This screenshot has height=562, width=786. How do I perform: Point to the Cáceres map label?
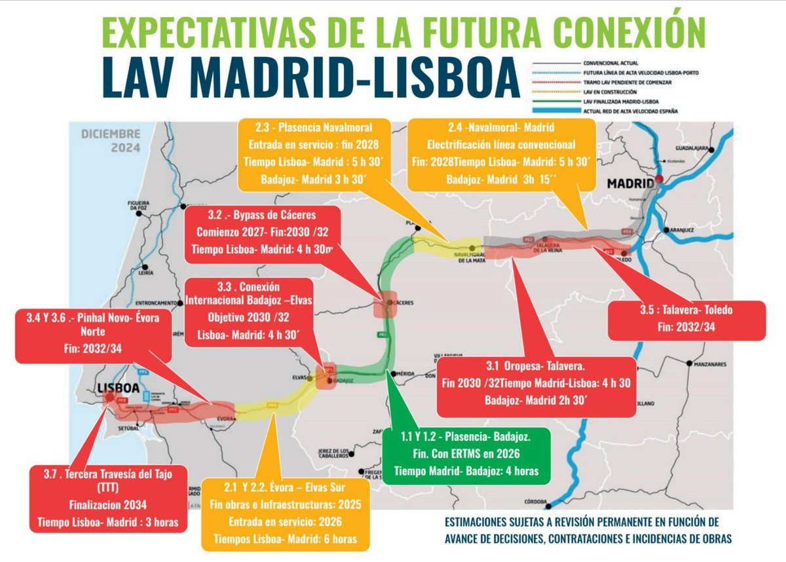click(407, 303)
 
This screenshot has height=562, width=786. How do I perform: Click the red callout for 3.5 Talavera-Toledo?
click(687, 320)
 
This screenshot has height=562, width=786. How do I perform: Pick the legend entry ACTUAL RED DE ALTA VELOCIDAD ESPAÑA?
click(631, 112)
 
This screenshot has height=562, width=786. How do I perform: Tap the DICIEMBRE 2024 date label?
click(110, 140)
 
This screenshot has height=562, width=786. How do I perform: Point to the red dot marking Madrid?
click(659, 179)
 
